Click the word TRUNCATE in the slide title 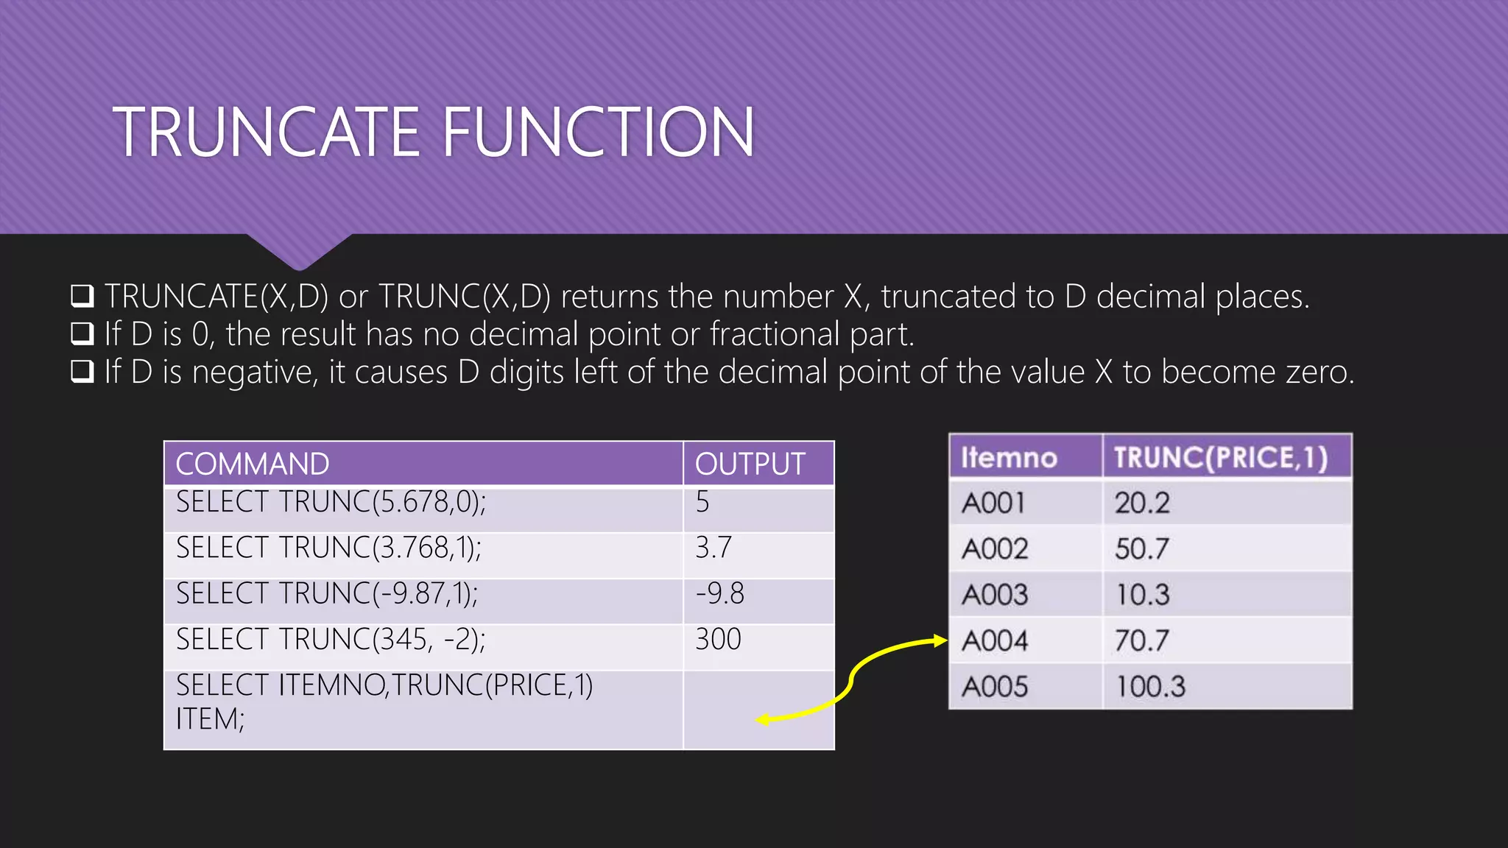pos(266,132)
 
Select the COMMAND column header pos(253,464)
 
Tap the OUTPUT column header pos(750,464)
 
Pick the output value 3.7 pos(713,548)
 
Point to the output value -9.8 pos(719,593)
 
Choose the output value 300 pos(718,639)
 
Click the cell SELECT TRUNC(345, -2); pos(331,639)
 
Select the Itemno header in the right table pos(1009,458)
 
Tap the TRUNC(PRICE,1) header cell pos(1220,458)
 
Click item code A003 pos(995,595)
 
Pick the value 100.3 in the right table pos(1150,687)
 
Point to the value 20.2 pos(1141,504)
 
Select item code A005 pos(995,687)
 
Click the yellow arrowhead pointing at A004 pos(940,640)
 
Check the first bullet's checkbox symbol pos(82,296)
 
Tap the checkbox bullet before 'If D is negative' pos(82,372)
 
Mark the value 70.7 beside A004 pos(1141,640)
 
